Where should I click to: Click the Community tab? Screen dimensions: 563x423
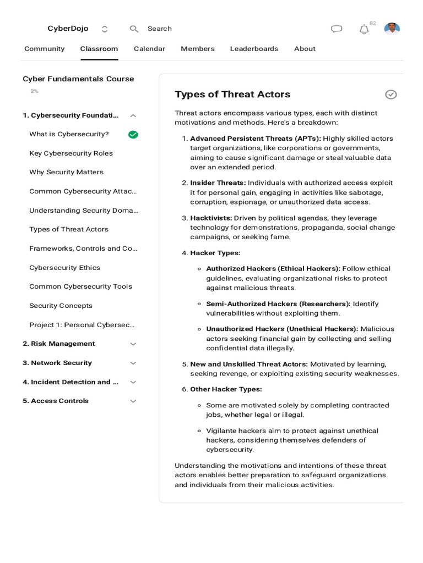[44, 49]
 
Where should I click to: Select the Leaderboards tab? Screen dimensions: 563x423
[254, 49]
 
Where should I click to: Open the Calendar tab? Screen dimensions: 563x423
[149, 49]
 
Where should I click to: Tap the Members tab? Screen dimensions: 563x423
[197, 49]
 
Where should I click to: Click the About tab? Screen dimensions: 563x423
[305, 49]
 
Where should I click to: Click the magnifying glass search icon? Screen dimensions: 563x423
[134, 29]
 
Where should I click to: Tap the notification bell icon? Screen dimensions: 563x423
[364, 30]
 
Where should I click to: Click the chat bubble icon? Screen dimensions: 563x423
[337, 29]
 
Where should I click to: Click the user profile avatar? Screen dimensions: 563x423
[392, 29]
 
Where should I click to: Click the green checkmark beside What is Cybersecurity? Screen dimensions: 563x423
[133, 135]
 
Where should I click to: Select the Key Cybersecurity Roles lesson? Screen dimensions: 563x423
[71, 153]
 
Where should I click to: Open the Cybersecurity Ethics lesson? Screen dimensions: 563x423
[64, 268]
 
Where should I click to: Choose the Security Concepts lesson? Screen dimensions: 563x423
[61, 306]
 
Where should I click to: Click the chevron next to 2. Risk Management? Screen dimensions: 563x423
[133, 344]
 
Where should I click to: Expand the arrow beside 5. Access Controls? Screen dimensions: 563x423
[133, 401]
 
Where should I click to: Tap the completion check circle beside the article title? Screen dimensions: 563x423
[391, 95]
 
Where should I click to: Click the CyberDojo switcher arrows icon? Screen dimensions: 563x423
[105, 29]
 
